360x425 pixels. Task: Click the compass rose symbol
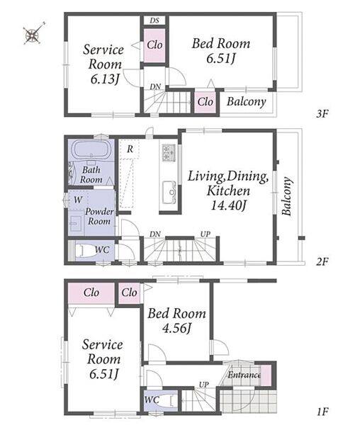pos(33,34)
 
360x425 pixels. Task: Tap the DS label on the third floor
pos(154,21)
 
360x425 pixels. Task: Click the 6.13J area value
pos(105,79)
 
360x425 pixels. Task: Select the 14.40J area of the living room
pos(228,205)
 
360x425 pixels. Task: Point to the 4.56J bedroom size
pos(176,328)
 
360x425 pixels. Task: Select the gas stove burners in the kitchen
pos(169,152)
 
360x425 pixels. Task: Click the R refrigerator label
pos(130,149)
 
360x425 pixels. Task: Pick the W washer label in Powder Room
pos(78,200)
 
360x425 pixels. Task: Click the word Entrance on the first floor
pos(244,375)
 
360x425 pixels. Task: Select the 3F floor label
pos(322,114)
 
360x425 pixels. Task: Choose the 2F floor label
pos(322,262)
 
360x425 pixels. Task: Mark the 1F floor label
pos(322,412)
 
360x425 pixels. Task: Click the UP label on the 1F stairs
pos(204,385)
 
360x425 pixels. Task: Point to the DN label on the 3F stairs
pos(155,87)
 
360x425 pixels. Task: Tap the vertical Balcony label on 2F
pos(287,196)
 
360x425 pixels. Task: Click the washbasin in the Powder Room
pos(76,224)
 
